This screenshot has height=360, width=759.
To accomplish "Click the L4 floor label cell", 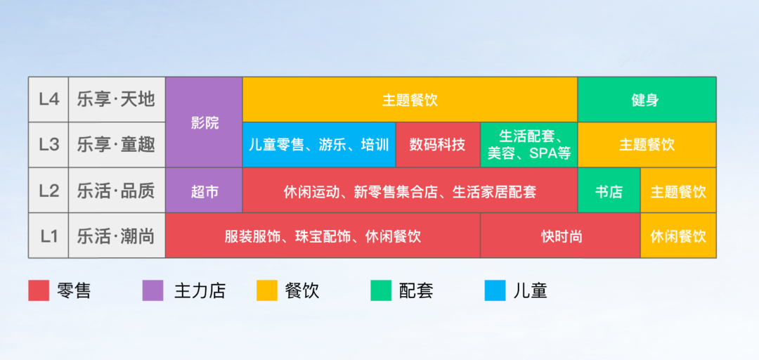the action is click(x=48, y=99).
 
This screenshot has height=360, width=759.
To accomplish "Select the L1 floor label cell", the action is click(x=48, y=236).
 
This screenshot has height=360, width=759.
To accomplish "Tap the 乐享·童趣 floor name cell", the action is click(x=117, y=145).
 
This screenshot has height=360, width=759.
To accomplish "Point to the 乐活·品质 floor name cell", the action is click(x=117, y=191).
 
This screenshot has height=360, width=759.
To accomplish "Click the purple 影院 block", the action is click(x=205, y=122).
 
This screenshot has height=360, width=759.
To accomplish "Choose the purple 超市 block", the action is click(x=205, y=191).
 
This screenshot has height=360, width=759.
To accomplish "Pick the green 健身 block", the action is click(x=647, y=99).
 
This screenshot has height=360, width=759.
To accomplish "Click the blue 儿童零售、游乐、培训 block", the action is click(x=319, y=145).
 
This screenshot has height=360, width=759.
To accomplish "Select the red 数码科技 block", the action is click(x=438, y=145).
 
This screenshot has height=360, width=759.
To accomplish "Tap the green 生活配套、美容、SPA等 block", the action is click(x=529, y=145).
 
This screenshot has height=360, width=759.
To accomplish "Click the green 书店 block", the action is click(x=609, y=191).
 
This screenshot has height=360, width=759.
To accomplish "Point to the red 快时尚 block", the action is click(x=561, y=236).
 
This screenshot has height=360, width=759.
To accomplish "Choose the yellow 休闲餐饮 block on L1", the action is click(x=678, y=236).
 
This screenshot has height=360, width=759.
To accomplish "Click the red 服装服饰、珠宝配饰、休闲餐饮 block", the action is click(x=323, y=236).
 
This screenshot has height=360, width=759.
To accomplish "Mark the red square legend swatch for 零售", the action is click(x=39, y=290).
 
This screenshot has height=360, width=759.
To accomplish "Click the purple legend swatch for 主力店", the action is click(x=153, y=290).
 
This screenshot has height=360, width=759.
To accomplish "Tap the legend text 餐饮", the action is click(x=302, y=290).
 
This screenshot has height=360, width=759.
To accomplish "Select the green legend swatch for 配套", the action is click(x=381, y=290).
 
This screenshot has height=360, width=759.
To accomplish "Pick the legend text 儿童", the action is click(x=530, y=290).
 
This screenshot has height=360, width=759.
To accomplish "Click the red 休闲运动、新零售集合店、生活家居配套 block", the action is click(x=410, y=191).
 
